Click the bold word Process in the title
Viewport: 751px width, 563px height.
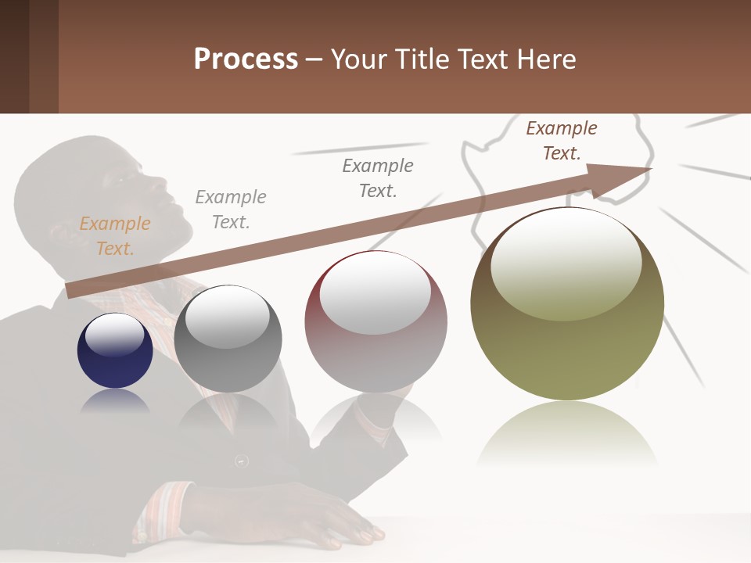click(x=246, y=59)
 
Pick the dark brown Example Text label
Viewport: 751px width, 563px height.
click(x=561, y=141)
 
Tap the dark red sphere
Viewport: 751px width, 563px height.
click(x=375, y=344)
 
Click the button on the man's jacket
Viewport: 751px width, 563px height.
click(x=243, y=461)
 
